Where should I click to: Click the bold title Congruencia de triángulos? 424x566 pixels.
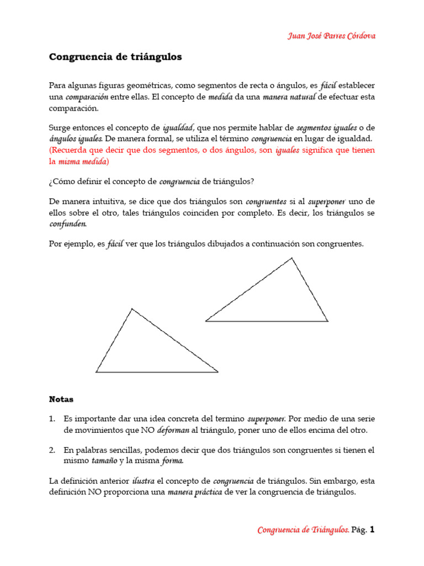click(x=115, y=57)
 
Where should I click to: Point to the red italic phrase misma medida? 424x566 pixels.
click(x=83, y=161)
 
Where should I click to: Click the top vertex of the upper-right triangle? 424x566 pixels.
click(x=292, y=258)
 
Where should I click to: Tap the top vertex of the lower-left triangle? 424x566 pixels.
click(x=132, y=309)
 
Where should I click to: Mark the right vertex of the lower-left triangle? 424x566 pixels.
click(x=218, y=372)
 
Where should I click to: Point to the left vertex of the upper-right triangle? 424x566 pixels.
click(x=206, y=321)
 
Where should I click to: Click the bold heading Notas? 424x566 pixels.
click(x=61, y=399)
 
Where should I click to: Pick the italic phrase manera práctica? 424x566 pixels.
click(x=195, y=492)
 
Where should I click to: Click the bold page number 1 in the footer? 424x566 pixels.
click(x=372, y=530)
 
